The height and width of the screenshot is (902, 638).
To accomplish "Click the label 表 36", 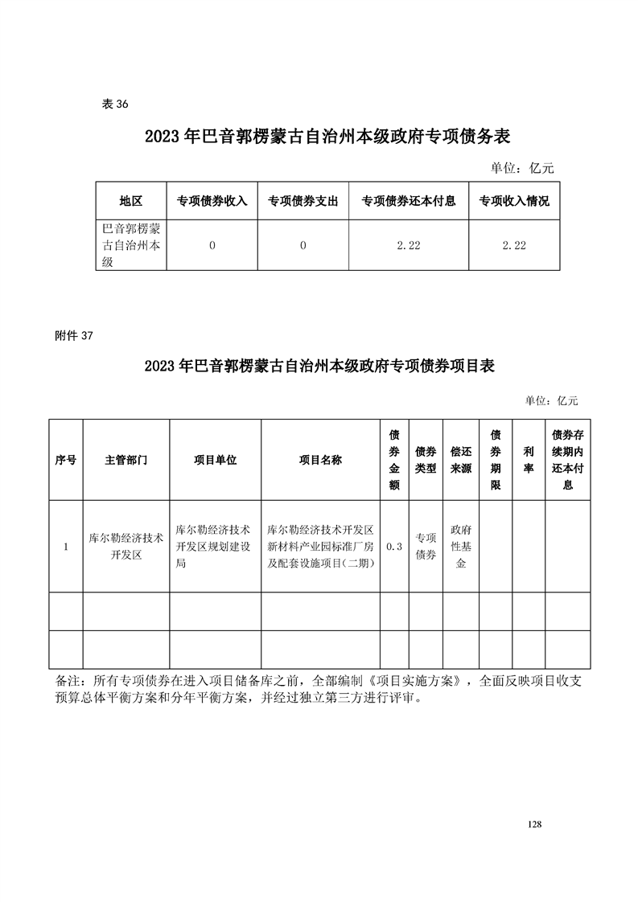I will (x=116, y=105).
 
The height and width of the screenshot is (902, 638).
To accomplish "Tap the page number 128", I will (x=534, y=825).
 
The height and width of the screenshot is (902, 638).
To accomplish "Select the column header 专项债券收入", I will (x=212, y=201).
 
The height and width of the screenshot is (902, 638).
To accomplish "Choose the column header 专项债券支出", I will (x=303, y=201).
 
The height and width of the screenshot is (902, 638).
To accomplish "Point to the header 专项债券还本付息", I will (x=409, y=201).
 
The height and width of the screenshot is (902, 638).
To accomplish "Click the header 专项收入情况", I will (x=514, y=201).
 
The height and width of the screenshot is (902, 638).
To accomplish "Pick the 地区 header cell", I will (x=130, y=201).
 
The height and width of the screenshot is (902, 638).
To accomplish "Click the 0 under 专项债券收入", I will (x=212, y=245).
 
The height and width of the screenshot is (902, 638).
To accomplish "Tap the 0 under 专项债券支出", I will (x=303, y=245).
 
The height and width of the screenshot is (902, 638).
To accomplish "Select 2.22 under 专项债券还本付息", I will (x=409, y=245).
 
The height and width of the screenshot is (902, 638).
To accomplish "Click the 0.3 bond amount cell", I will (x=394, y=547).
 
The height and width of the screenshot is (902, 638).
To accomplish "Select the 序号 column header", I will (x=66, y=460).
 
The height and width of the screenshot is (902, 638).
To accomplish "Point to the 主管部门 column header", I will (x=126, y=460).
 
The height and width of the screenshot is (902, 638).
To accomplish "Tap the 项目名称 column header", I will (x=320, y=460).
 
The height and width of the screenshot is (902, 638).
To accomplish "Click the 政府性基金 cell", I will (x=461, y=547).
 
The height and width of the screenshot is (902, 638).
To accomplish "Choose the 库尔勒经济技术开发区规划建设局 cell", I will (x=214, y=547).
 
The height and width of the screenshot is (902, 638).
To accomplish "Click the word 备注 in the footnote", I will (x=69, y=680).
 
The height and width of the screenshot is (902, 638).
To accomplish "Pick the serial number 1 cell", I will (x=66, y=547).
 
